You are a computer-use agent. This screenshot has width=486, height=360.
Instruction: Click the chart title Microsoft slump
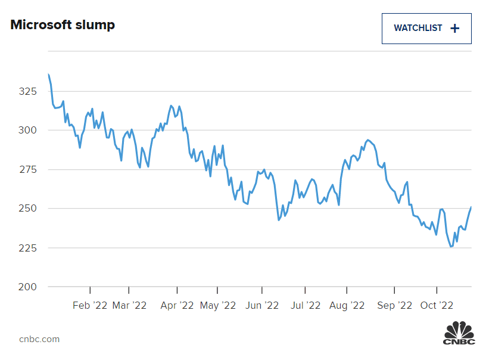(63, 25)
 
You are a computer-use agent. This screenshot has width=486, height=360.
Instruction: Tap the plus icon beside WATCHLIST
(455, 29)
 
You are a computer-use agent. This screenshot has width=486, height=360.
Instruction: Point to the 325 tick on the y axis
(27, 92)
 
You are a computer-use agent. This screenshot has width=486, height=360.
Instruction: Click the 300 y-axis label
(27, 131)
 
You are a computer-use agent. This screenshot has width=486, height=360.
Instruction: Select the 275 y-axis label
(27, 170)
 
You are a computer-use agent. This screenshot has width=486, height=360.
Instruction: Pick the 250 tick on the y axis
(27, 209)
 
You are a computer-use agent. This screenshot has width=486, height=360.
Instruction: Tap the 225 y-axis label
(27, 248)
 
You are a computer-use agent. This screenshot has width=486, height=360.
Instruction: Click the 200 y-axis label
(27, 287)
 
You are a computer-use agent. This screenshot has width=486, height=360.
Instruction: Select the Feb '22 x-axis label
(90, 305)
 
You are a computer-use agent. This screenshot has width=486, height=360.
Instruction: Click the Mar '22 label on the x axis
(129, 305)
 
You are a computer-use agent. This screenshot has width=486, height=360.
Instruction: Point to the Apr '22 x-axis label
(177, 305)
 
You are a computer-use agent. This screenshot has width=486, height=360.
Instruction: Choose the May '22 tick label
(218, 305)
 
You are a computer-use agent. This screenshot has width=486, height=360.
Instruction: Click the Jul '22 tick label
(305, 305)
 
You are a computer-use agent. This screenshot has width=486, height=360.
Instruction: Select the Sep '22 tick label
(394, 305)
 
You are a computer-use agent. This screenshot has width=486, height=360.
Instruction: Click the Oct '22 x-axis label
(437, 305)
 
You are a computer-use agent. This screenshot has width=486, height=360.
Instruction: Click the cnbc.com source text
(39, 339)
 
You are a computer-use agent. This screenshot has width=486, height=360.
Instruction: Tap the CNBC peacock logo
(459, 333)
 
